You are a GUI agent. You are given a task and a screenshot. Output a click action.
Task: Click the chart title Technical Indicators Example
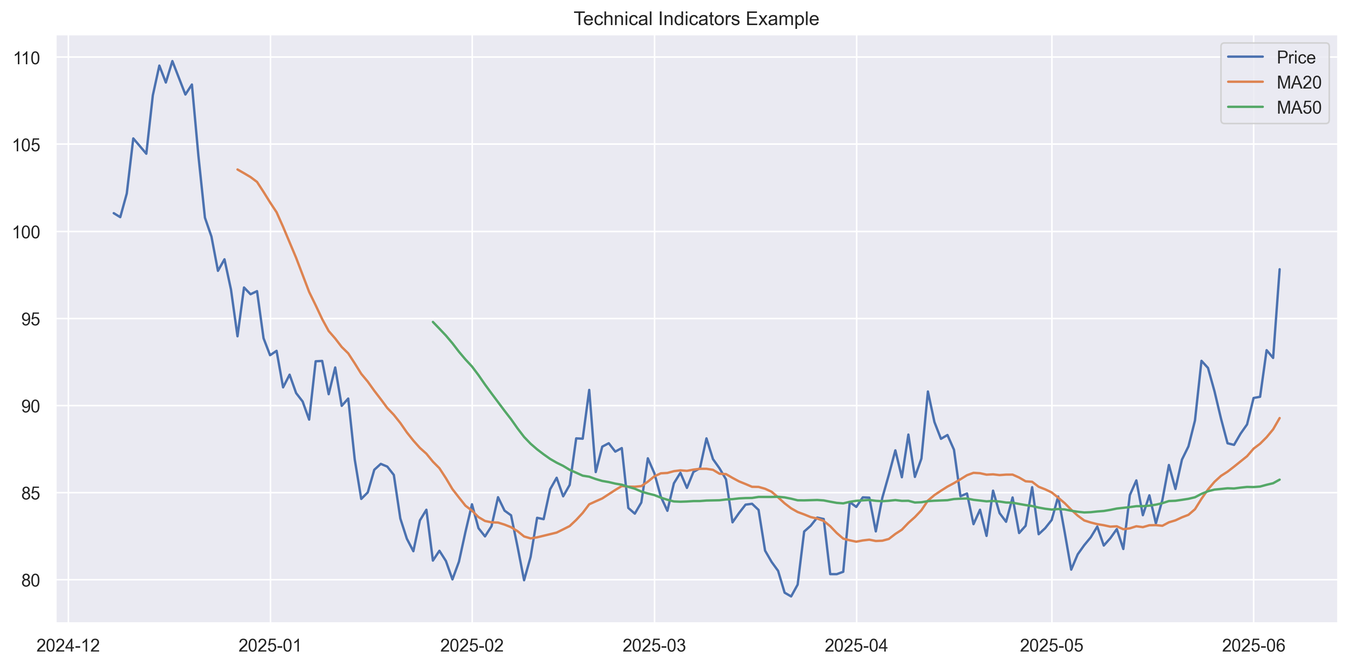[x=696, y=19]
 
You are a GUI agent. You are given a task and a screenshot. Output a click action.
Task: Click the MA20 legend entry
[x=1299, y=82]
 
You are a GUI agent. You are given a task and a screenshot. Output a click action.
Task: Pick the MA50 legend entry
[x=1299, y=108]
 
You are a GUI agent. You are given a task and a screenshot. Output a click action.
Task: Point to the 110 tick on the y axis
[x=27, y=58]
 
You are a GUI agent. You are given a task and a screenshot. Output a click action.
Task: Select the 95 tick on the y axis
[x=30, y=319]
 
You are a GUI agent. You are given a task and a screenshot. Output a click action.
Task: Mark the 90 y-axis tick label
[x=30, y=406]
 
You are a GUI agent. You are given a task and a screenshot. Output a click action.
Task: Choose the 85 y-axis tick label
[x=30, y=493]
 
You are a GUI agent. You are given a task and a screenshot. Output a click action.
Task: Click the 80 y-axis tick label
[x=30, y=580]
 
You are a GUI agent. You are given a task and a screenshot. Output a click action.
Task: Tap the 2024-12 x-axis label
[x=68, y=645]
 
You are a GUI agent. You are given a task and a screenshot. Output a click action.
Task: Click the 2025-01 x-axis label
[x=270, y=645]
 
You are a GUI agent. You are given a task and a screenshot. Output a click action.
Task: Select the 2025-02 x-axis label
[x=472, y=645]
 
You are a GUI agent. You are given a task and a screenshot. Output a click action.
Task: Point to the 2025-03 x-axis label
[x=654, y=645]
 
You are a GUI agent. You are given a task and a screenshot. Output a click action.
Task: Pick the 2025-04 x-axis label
[x=856, y=645]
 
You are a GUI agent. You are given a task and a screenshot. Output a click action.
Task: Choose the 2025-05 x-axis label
[x=1052, y=645]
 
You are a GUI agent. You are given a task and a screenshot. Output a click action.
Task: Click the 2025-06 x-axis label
[x=1253, y=645]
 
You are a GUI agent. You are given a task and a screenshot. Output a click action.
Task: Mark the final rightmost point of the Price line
[x=1279, y=270]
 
